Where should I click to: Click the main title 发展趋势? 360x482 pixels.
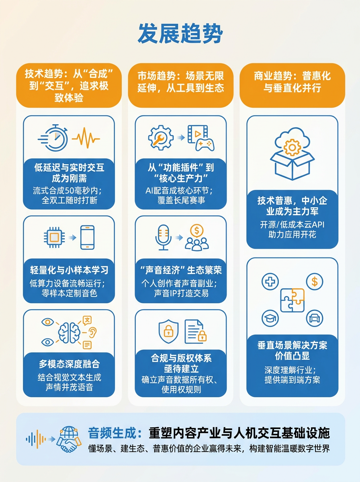click(x=180, y=34)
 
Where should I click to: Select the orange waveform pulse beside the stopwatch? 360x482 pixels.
click(x=86, y=138)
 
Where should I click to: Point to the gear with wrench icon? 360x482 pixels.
click(x=161, y=138)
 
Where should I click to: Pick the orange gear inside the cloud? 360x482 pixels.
click(x=292, y=147)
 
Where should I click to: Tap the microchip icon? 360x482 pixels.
click(x=54, y=237)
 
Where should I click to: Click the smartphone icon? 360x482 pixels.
click(x=88, y=237)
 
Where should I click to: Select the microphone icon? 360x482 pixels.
click(x=163, y=237)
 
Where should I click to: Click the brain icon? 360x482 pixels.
click(x=69, y=333)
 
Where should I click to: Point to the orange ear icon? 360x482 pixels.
click(x=93, y=332)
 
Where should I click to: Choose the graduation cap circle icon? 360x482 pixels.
click(x=270, y=318)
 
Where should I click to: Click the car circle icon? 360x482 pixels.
click(x=315, y=318)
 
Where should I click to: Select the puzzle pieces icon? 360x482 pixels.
click(x=292, y=300)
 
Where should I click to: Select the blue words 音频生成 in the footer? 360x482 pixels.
click(x=112, y=433)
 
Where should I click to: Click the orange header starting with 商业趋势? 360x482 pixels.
click(x=292, y=85)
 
